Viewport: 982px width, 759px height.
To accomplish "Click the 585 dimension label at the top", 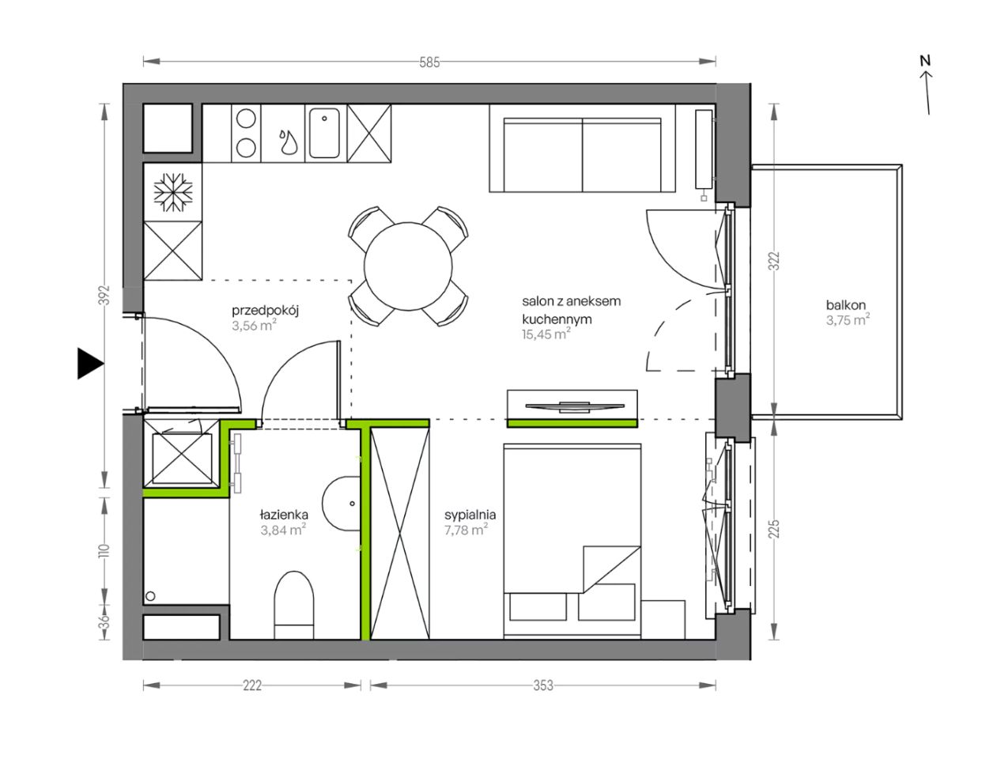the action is coord(429,62).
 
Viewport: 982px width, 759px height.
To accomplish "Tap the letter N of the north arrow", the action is coord(926,61).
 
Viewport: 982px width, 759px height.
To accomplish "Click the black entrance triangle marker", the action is coord(90,363).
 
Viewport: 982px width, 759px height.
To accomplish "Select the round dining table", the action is coord(408,266).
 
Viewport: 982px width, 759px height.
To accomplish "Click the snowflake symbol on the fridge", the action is coord(173,192).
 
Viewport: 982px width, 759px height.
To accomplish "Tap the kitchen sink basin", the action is coord(324,133).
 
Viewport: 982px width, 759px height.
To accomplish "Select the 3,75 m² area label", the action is coord(848,320).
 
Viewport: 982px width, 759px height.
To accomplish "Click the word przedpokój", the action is coord(266,312).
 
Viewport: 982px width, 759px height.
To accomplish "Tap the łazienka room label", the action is coord(285,515).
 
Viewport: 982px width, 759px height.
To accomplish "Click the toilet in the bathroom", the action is coord(294,606).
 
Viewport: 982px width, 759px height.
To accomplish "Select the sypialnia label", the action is coord(470,515).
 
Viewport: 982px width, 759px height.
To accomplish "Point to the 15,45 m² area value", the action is coord(546,334).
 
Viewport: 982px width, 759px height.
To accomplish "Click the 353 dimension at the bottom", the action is coord(542,685).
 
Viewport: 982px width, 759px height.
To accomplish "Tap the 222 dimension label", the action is coord(251,685).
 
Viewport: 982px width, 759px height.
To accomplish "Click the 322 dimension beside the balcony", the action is coord(775,261).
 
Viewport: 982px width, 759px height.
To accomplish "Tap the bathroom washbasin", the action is coord(342,504).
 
